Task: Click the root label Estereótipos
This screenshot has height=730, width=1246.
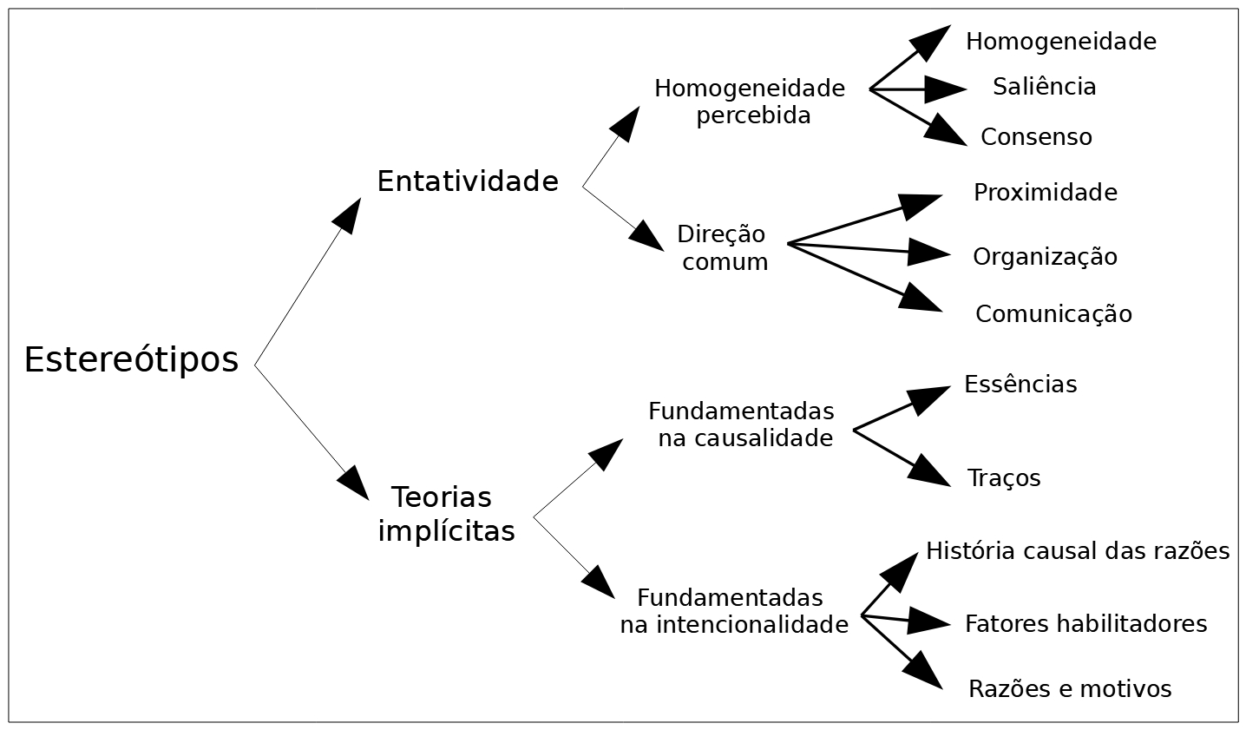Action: tap(131, 359)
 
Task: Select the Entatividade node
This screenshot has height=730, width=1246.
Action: tap(467, 181)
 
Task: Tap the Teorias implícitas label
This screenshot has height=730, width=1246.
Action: tap(445, 514)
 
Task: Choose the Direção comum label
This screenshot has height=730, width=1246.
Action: tap(723, 248)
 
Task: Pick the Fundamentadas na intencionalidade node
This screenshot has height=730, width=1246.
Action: tap(733, 611)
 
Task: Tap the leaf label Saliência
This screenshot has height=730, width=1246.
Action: tap(1044, 87)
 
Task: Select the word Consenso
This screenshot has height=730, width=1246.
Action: tap(1036, 137)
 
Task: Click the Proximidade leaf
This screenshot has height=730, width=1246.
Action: tap(1045, 192)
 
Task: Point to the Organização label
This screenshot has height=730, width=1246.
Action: tap(1045, 257)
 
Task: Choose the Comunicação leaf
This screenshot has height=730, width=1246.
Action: tap(1053, 314)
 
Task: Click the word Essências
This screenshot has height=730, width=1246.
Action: tap(1020, 385)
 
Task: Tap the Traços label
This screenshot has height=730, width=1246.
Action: tap(1004, 478)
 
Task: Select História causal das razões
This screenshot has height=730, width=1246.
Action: tap(1078, 551)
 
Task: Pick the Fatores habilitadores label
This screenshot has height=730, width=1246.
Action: tap(1085, 623)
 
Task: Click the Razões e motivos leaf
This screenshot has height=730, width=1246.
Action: tap(1070, 689)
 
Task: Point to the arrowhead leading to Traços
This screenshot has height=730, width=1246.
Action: tap(931, 470)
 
